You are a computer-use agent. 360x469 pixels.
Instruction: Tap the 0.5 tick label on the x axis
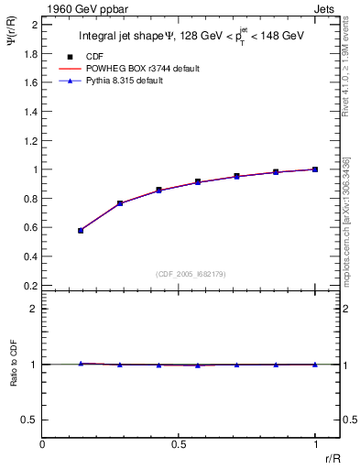click(x=178, y=443)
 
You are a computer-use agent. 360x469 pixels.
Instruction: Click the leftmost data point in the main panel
click(x=81, y=231)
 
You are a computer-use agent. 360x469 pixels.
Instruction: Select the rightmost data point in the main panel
click(x=315, y=169)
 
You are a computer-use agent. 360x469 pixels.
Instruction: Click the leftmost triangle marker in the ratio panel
click(x=81, y=364)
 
